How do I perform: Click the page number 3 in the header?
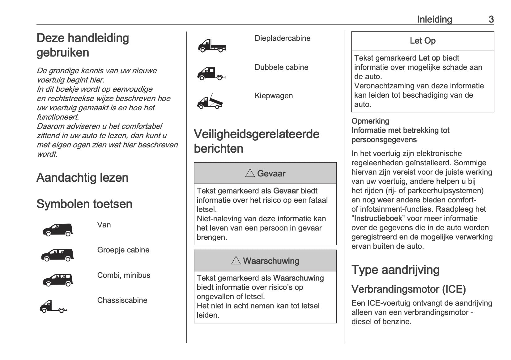point(491,19)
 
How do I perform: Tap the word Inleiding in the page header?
point(434,19)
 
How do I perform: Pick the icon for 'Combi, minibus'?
point(57,280)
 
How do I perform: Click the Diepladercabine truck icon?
point(212,46)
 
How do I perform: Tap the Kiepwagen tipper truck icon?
point(210,101)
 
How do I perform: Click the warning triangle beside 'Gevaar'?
point(250,173)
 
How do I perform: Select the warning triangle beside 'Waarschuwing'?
point(236,260)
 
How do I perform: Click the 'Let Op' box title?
point(423,41)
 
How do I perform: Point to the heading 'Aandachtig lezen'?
point(82,178)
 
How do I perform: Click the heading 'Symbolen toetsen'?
point(84,204)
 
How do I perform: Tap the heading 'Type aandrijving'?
point(395,270)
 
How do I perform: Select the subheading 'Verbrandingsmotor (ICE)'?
point(408,289)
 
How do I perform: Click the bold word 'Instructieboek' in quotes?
point(378,218)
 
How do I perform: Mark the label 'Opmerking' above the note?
point(370,121)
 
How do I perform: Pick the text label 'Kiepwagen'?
point(274,96)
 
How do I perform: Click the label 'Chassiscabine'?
point(122,300)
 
